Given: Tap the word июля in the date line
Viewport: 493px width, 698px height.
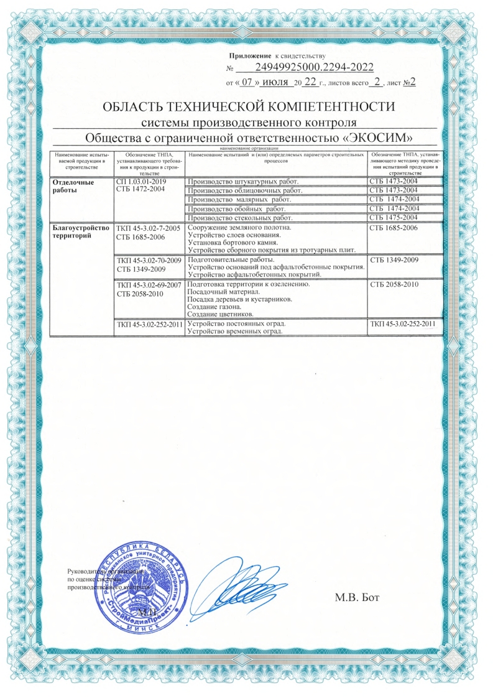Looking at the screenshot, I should (275, 81).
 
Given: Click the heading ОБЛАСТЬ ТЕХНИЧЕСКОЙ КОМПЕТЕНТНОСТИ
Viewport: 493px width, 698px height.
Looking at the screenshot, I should (249, 106).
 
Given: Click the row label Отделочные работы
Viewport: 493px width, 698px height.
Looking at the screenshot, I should (71, 185).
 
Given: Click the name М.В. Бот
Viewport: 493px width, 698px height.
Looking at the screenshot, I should (357, 598).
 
